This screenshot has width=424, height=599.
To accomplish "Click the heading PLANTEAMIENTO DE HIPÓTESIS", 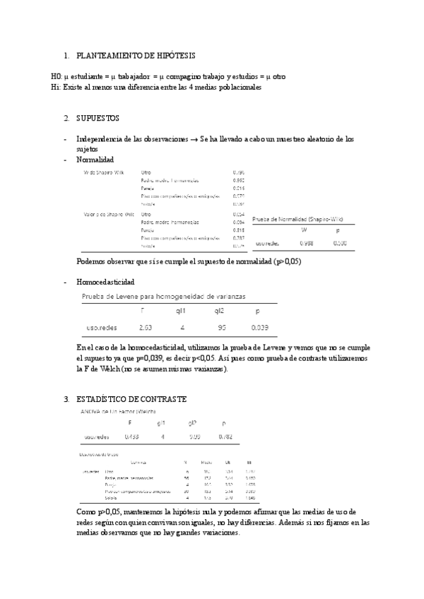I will [136, 55].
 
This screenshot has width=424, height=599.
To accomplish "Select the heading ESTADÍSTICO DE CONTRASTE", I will [131, 399].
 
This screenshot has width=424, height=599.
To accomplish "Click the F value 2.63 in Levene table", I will [146, 328].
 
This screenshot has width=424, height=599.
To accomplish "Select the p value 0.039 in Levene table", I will [259, 328].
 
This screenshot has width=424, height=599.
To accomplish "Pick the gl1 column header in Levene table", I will [181, 310].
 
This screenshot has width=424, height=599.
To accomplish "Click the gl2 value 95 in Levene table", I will [221, 328].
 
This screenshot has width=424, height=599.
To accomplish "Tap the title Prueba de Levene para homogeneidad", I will [164, 296].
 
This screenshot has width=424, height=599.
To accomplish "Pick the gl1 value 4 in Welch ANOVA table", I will [162, 437].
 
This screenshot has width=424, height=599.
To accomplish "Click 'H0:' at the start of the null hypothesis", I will [57, 76].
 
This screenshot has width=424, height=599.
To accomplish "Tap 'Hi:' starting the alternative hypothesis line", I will [56, 88].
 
